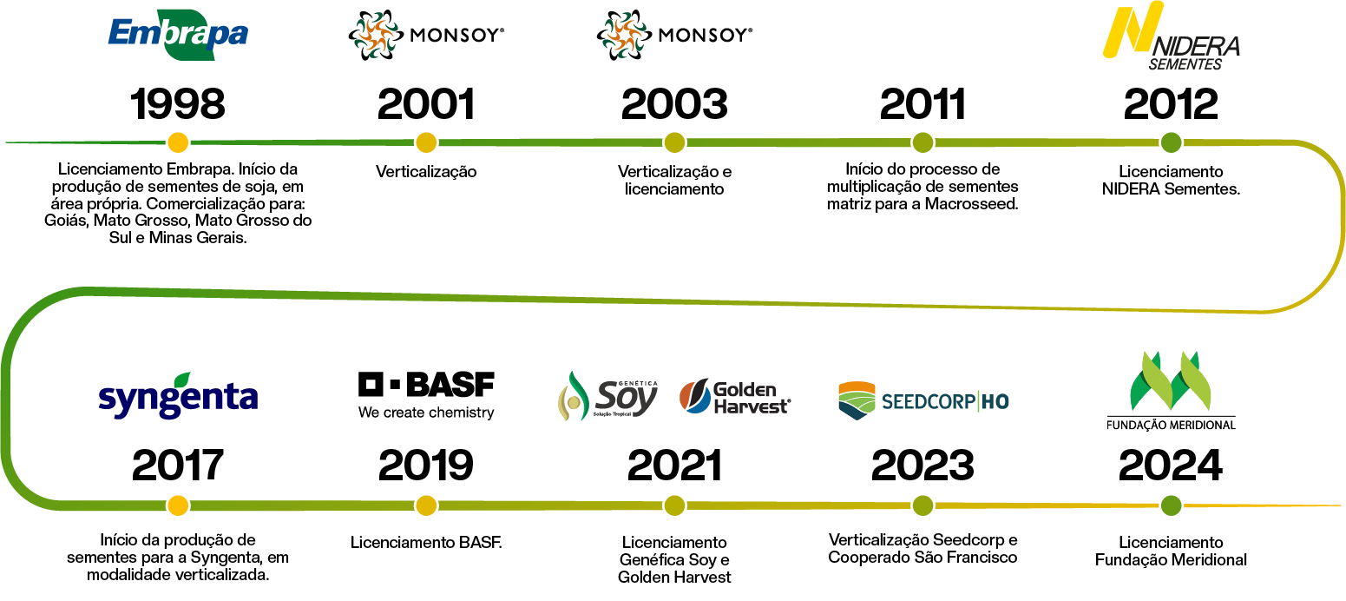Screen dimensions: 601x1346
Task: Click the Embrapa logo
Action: [178, 35]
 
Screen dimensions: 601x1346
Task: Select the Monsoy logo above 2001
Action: [426, 36]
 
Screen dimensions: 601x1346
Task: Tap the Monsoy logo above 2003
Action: [674, 36]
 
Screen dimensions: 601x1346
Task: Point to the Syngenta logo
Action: [178, 398]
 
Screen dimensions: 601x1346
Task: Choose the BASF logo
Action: [426, 395]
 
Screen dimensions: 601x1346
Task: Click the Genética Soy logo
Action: [608, 397]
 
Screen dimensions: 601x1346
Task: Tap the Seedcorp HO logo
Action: [923, 400]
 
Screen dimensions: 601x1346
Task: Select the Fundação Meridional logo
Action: [1171, 391]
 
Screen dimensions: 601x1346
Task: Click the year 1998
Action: [178, 104]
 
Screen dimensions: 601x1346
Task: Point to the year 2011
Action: [923, 104]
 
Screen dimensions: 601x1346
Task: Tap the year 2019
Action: [426, 466]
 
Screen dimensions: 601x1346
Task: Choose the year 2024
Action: [1171, 466]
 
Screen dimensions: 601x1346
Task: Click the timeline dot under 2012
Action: [1171, 142]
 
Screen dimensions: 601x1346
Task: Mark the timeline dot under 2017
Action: [178, 505]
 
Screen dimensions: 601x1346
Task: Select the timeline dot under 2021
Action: [674, 505]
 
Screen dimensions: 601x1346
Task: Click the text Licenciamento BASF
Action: [426, 543]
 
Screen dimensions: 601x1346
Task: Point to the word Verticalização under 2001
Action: [426, 172]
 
